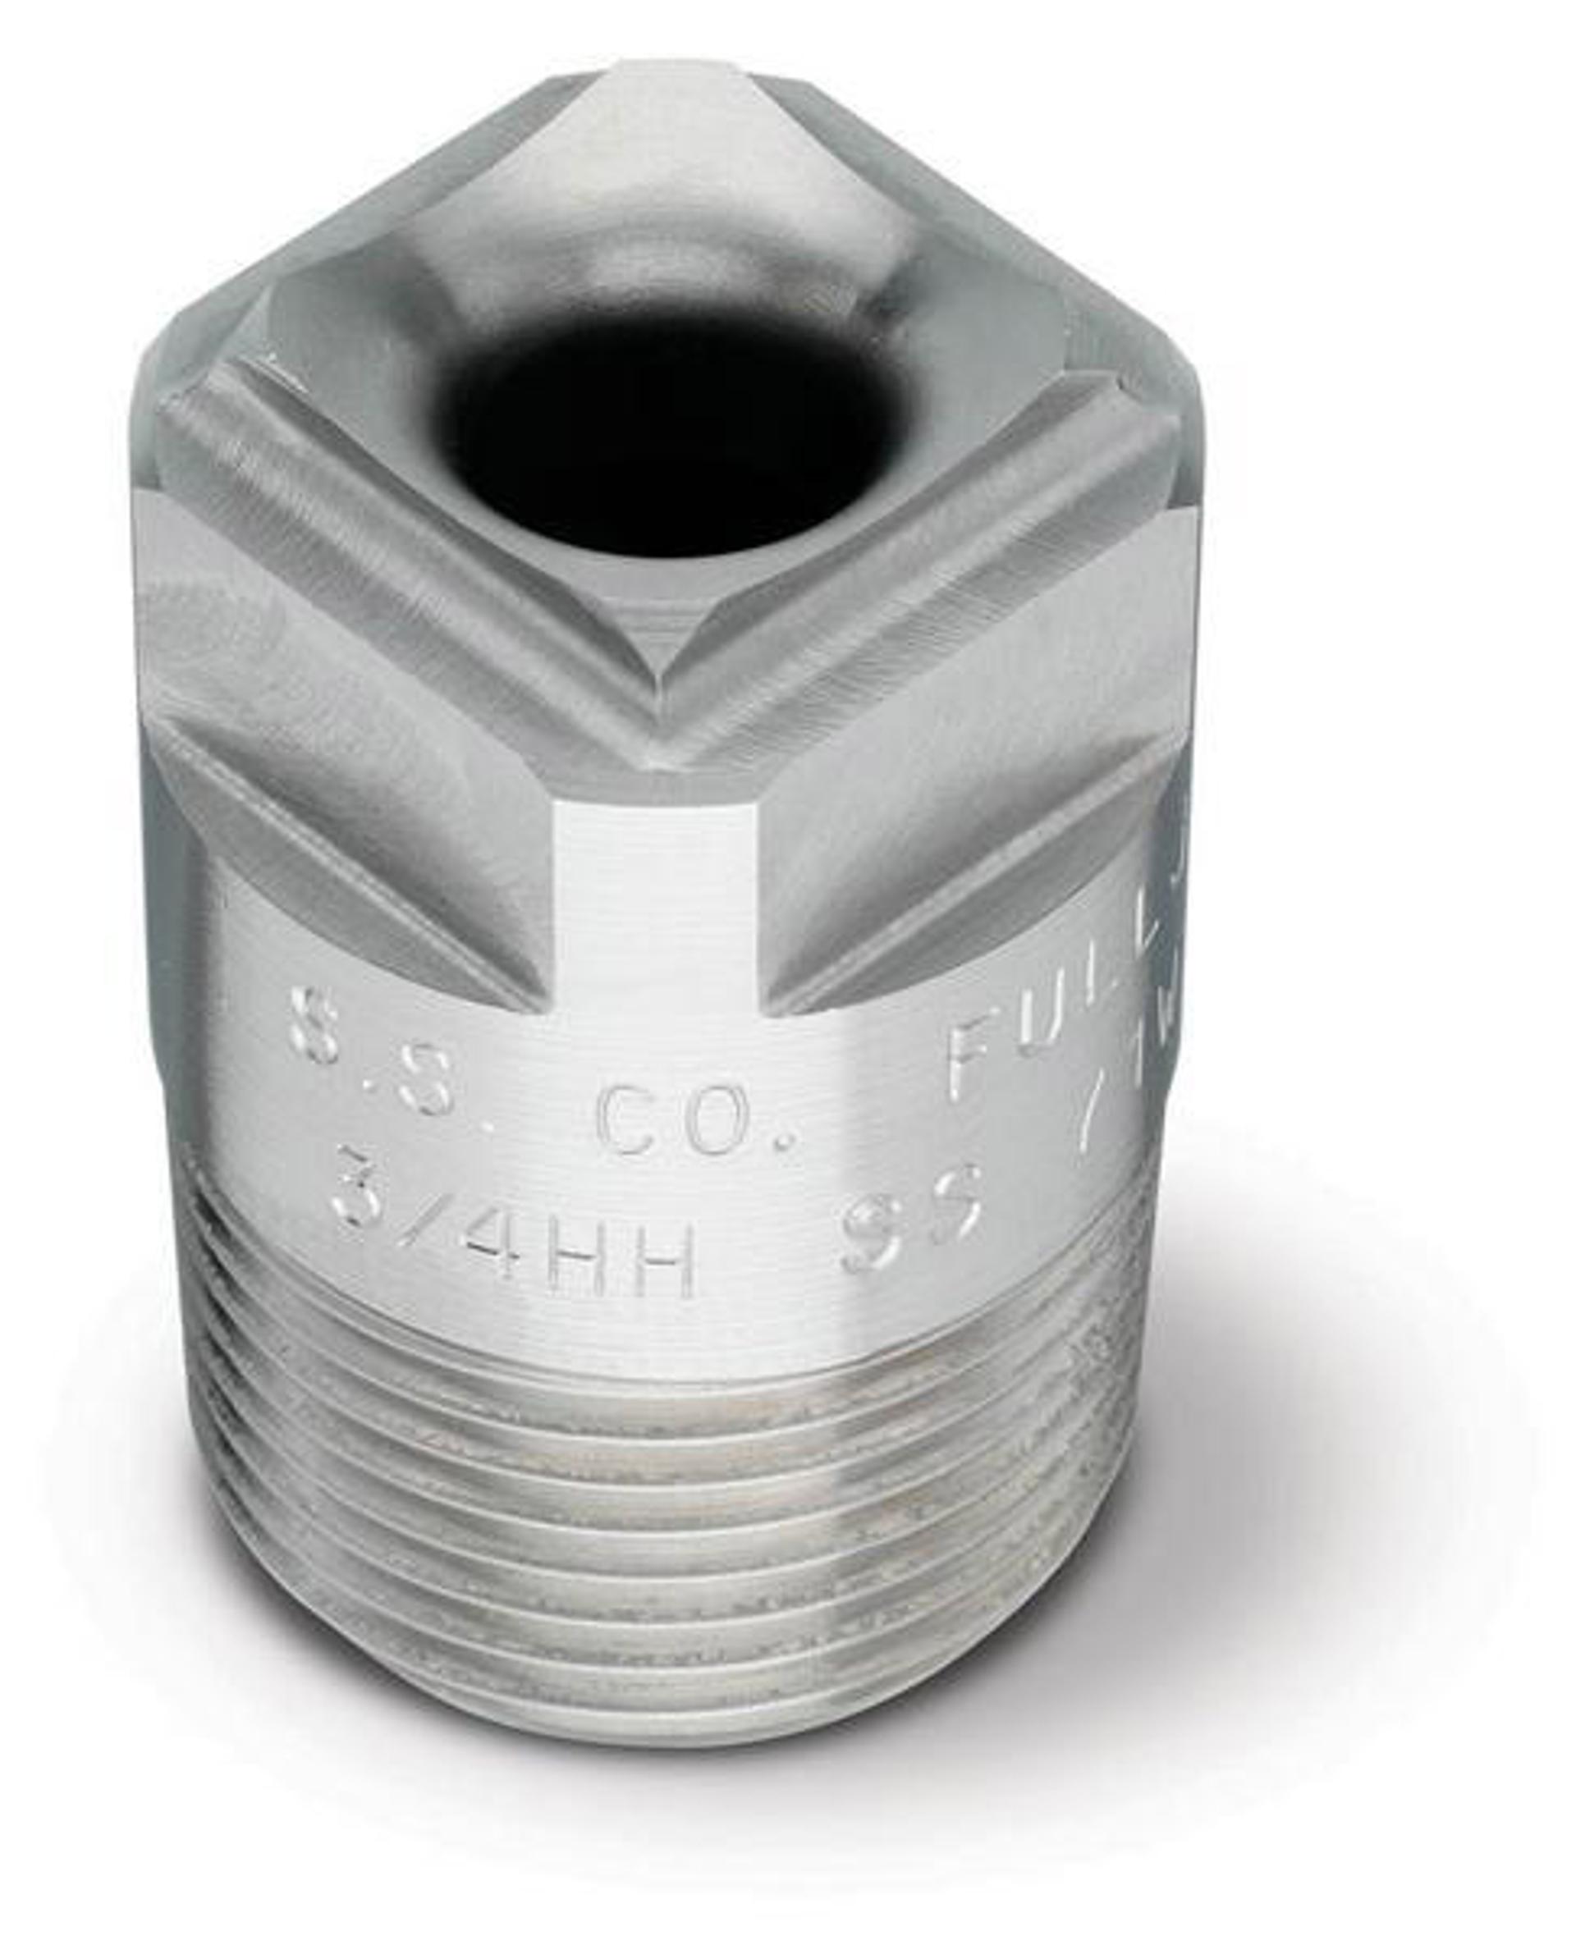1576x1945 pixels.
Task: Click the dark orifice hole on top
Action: [667, 434]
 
